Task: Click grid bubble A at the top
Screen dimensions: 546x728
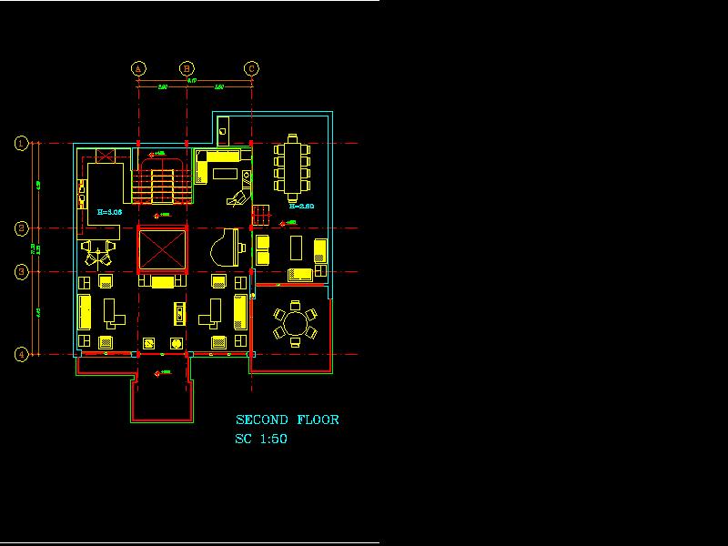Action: tap(138, 67)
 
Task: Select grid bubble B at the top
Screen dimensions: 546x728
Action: tap(187, 67)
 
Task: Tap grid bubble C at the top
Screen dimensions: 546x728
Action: tap(251, 67)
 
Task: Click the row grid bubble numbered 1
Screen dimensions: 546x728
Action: tap(21, 143)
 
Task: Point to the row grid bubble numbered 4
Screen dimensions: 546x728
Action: tap(21, 354)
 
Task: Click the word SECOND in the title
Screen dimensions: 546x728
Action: tap(262, 420)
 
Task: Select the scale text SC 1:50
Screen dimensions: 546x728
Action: tap(261, 440)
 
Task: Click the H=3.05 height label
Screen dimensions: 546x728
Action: tap(109, 212)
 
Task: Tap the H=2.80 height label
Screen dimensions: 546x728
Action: tap(301, 207)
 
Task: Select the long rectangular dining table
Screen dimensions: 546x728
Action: tap(292, 168)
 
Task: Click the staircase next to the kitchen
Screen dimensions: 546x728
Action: tap(161, 182)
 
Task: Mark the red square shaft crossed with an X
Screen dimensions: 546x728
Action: tap(161, 249)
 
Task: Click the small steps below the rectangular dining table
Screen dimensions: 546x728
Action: tap(261, 217)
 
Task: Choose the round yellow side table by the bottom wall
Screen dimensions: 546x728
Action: tap(177, 344)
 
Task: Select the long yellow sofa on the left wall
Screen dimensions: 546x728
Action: tap(85, 311)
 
